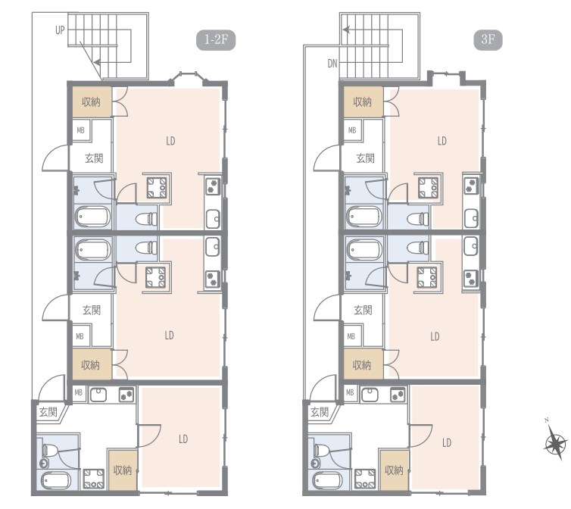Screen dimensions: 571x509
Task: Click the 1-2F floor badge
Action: pyautogui.click(x=216, y=39)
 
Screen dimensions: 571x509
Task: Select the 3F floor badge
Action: pyautogui.click(x=488, y=39)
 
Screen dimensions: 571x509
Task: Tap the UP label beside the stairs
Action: pyautogui.click(x=60, y=30)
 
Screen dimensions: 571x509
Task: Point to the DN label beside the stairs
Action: pyautogui.click(x=332, y=64)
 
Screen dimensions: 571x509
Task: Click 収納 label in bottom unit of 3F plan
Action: pyautogui.click(x=394, y=470)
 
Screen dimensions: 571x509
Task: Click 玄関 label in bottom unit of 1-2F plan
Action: pyautogui.click(x=48, y=412)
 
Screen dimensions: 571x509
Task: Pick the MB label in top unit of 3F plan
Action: pyautogui.click(x=352, y=130)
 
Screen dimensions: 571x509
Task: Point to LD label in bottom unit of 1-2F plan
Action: pyautogui.click(x=183, y=439)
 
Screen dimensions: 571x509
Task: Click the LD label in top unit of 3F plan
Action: pyautogui.click(x=442, y=141)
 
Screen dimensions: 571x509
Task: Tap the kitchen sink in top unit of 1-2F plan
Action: pyautogui.click(x=213, y=219)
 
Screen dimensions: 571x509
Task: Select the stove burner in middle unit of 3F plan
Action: pyautogui.click(x=470, y=278)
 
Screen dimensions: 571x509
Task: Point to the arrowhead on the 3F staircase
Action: pyautogui.click(x=346, y=30)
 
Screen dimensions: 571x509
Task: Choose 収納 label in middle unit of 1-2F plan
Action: pyautogui.click(x=90, y=365)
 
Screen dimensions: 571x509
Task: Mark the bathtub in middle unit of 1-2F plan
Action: pyautogui.click(x=93, y=250)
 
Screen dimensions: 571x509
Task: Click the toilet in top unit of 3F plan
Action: pyautogui.click(x=419, y=219)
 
